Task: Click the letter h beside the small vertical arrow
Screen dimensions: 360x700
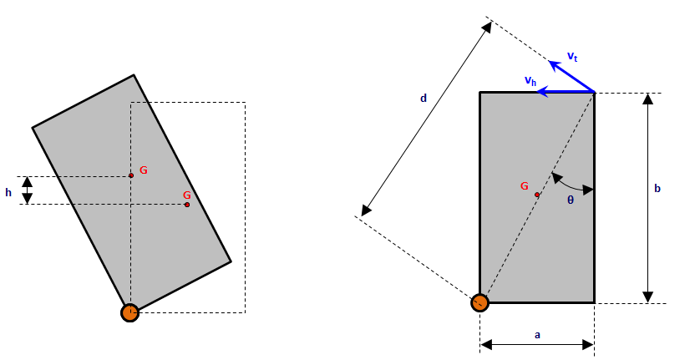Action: click(x=8, y=192)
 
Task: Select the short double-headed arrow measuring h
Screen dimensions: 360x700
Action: click(x=28, y=190)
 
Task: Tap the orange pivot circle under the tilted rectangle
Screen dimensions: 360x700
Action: click(x=129, y=312)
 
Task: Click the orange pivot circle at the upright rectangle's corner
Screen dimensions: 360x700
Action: click(x=479, y=302)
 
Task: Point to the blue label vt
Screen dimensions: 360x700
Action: click(x=572, y=56)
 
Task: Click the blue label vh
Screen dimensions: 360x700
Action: click(x=530, y=80)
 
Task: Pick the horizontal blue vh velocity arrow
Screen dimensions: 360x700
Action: click(x=566, y=92)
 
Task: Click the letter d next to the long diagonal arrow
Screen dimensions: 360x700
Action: click(x=424, y=98)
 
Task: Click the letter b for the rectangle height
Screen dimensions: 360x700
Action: click(x=657, y=189)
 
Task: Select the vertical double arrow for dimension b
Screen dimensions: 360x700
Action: click(x=647, y=198)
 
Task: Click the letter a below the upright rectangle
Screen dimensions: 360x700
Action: click(x=537, y=334)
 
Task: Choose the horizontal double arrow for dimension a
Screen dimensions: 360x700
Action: click(x=537, y=344)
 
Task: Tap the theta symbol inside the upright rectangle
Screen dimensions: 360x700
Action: click(x=571, y=200)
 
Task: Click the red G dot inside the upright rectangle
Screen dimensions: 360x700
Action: click(x=537, y=195)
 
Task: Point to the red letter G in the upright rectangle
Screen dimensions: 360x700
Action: click(x=524, y=186)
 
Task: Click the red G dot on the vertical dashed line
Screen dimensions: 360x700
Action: click(x=131, y=175)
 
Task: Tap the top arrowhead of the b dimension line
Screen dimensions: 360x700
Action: click(x=647, y=99)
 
